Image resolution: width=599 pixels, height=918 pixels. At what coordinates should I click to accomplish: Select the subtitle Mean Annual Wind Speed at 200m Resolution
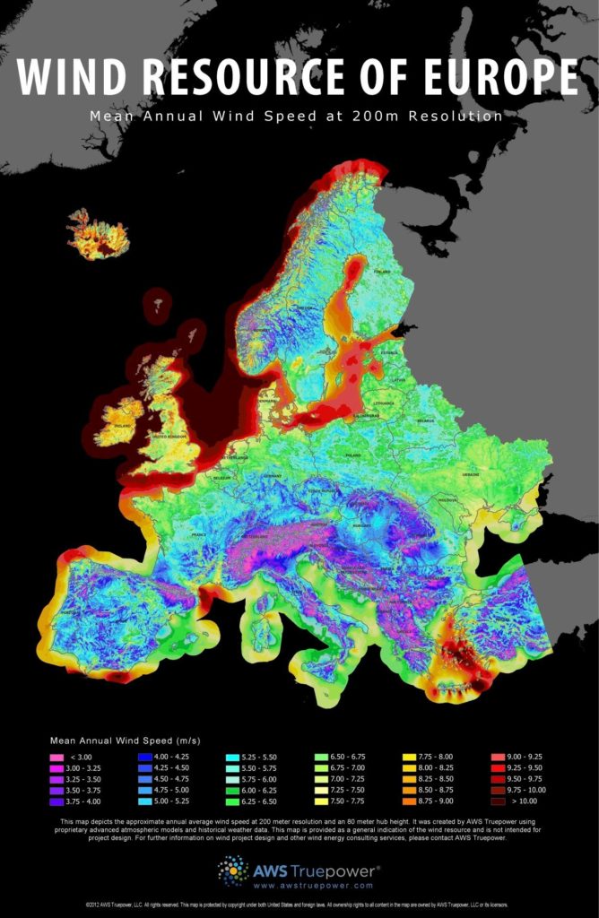(x=296, y=116)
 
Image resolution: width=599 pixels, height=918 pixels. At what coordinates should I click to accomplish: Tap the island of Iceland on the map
(x=98, y=235)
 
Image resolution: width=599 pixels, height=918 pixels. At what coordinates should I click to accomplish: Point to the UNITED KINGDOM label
(x=171, y=436)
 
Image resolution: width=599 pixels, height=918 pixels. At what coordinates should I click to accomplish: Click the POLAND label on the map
(x=352, y=455)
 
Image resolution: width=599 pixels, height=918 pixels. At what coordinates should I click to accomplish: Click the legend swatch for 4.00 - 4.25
(x=145, y=758)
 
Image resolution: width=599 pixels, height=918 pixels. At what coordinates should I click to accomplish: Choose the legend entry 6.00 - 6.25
(x=233, y=790)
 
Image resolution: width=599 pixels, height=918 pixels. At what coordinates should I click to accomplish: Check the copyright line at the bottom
(x=299, y=906)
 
